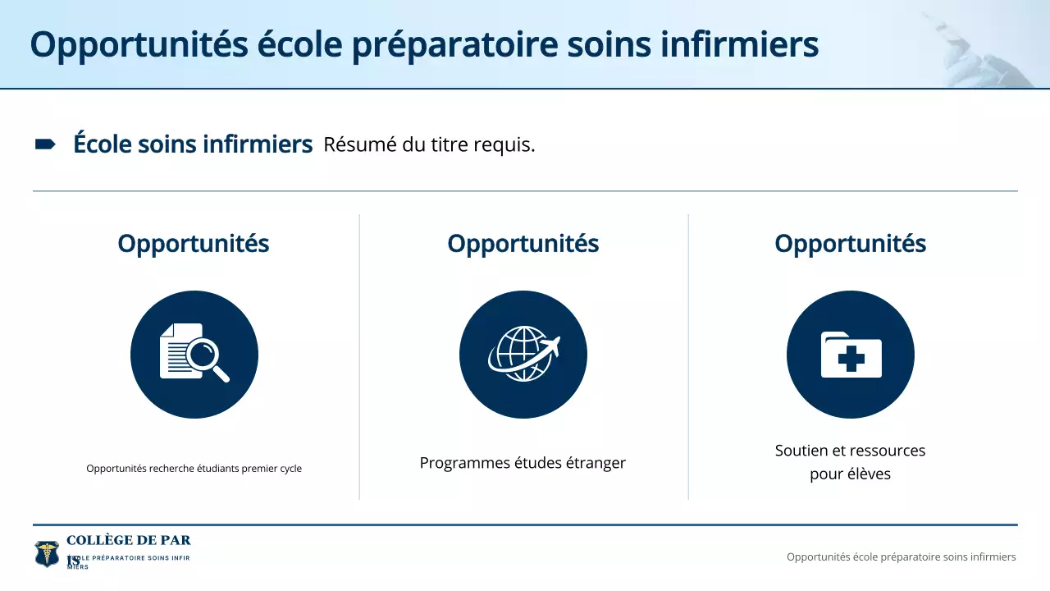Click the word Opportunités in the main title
pos(139,44)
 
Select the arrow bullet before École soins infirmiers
pos(44,144)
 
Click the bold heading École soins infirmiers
pos(193,144)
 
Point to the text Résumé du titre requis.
pos(429,145)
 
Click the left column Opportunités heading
pos(193,244)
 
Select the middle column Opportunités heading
pos(523,244)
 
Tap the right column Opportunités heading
pos(850,244)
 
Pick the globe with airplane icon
pos(523,355)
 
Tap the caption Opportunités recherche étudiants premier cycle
pos(194,469)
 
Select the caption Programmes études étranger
pos(523,463)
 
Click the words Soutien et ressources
pos(850,451)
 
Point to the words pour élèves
pos(850,474)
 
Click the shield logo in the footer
pos(47,554)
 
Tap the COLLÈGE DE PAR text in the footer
pos(128,540)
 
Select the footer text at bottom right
pos(901,557)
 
